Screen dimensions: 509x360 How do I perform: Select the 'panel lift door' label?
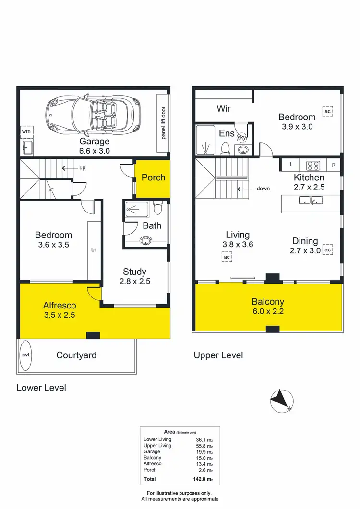tap(163, 122)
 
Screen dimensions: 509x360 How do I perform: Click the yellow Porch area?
tap(153, 178)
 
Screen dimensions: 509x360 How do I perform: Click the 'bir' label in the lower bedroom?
tap(94, 250)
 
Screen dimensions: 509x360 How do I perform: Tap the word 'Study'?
tap(134, 272)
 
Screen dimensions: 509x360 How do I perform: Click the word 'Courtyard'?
tap(76, 355)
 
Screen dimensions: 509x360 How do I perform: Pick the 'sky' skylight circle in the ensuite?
tap(242, 138)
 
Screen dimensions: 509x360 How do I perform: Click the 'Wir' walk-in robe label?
tap(224, 108)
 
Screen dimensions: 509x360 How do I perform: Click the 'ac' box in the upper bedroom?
tap(328, 112)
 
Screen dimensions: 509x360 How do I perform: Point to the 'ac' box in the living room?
tap(227, 257)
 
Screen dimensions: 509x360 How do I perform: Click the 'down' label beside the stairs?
tap(263, 189)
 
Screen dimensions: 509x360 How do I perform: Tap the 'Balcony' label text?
tap(268, 302)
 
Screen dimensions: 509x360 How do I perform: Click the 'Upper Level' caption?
tap(218, 355)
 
